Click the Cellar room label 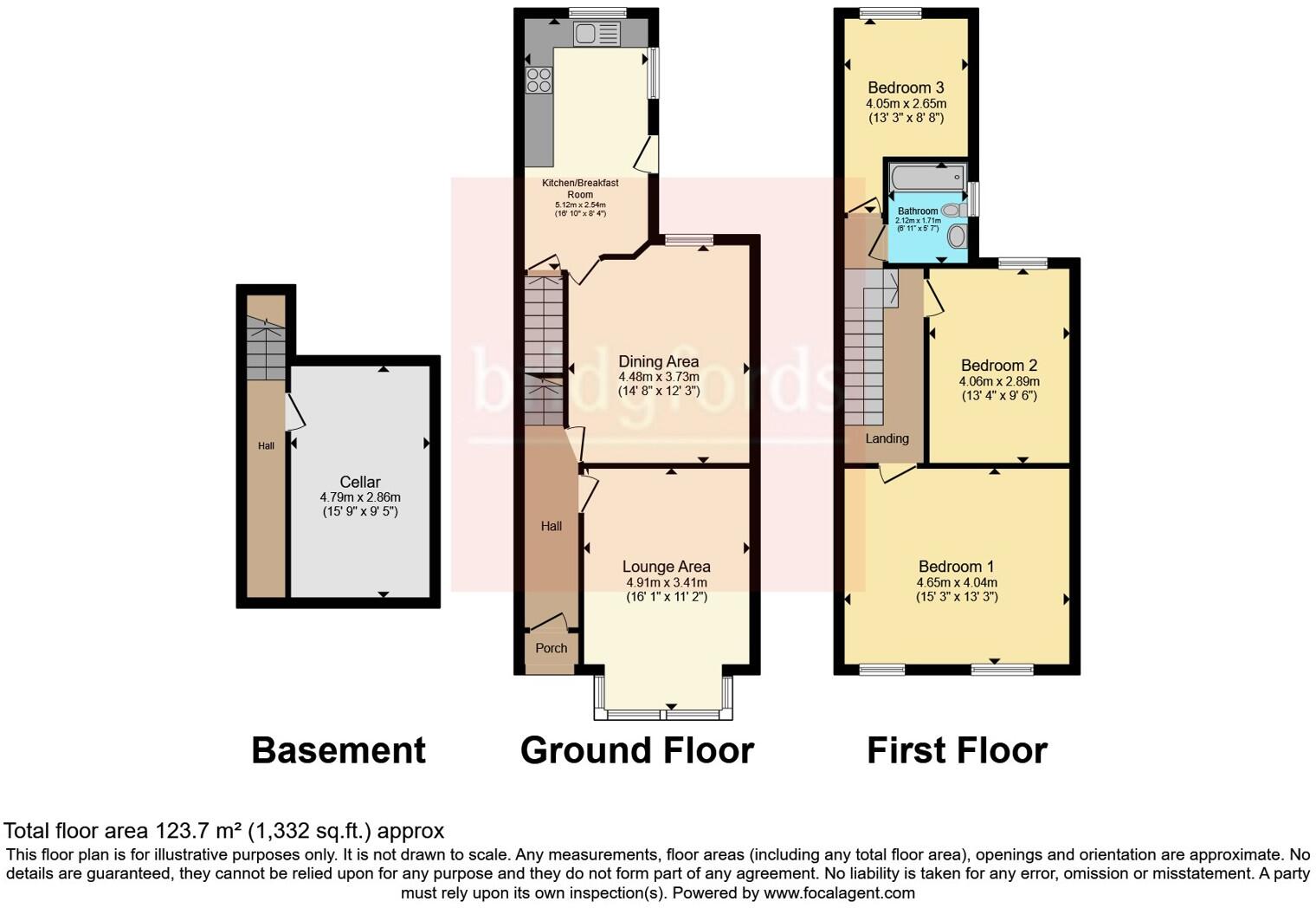click(x=359, y=482)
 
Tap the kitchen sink click(x=597, y=34)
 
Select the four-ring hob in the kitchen click(x=539, y=80)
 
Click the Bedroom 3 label click(x=906, y=88)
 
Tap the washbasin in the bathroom click(x=957, y=237)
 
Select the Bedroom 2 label click(x=998, y=366)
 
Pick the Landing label click(x=887, y=438)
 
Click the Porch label click(x=552, y=648)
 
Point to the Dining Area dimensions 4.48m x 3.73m click(x=659, y=377)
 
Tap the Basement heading click(x=339, y=750)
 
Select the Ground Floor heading click(x=637, y=750)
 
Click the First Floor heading click(x=957, y=750)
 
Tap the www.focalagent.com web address click(x=839, y=892)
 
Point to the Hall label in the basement click(x=266, y=446)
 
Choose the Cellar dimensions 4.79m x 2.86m click(x=360, y=497)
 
